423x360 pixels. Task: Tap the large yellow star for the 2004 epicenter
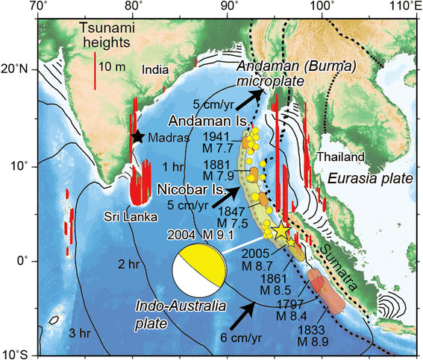click(281, 231)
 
